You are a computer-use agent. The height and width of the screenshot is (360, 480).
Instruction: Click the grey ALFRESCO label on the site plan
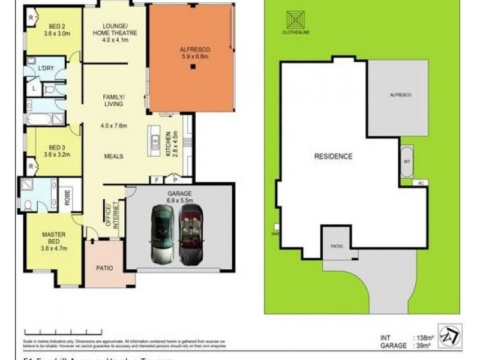[399, 95]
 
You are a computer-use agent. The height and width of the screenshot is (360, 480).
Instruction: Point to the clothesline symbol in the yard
[295, 20]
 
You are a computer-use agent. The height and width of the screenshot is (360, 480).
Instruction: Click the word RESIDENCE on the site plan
[333, 156]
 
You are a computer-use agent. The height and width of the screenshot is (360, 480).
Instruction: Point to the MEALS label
[113, 156]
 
